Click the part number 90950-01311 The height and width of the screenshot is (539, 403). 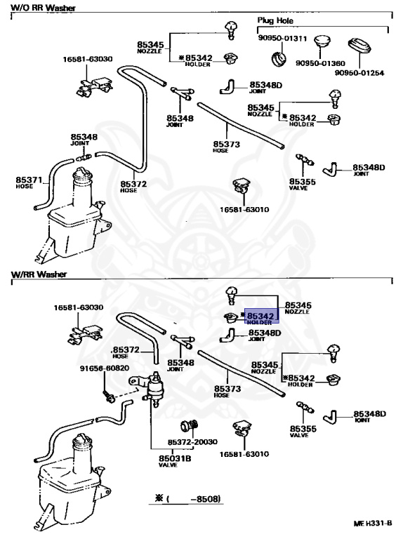click(282, 38)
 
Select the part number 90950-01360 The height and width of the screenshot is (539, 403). click(320, 63)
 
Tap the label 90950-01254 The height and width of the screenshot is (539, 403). click(359, 73)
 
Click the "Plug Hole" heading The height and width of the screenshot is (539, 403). click(275, 20)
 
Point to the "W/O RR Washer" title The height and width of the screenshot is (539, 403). click(44, 8)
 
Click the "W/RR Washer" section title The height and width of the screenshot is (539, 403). click(39, 274)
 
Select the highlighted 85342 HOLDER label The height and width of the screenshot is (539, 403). click(261, 318)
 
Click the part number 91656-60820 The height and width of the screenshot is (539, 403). click(105, 368)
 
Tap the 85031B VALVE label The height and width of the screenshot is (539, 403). click(175, 461)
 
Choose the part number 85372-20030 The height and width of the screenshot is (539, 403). click(192, 441)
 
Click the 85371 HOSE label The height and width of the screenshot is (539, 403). click(29, 182)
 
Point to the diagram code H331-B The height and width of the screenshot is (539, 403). click(378, 523)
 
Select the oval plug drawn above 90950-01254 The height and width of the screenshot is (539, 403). click(359, 46)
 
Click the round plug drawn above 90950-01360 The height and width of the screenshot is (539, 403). click(322, 41)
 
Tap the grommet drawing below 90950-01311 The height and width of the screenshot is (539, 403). click(279, 59)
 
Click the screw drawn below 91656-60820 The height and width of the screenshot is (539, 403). click(108, 397)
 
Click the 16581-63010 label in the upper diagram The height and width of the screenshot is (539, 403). click(244, 209)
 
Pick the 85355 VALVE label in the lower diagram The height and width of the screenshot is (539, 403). click(303, 432)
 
